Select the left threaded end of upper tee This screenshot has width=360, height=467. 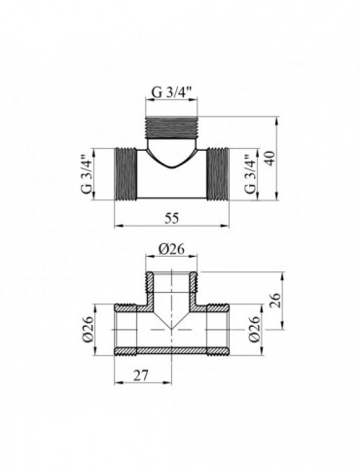124,176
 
